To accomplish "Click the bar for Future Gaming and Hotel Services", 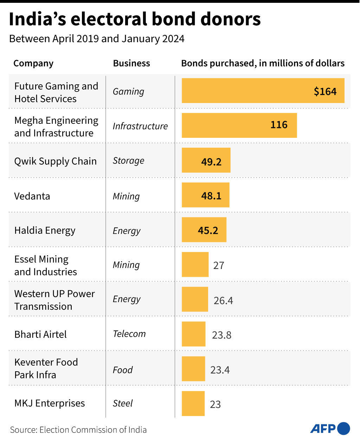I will point(246,91).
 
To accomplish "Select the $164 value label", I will point(325,92).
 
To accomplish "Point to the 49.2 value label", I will point(211,162).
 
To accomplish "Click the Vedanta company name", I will point(32,196).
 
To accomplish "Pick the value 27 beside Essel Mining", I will point(218,265).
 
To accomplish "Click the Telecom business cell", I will point(129,334).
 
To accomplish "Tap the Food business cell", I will point(122,370).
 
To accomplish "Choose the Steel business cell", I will point(122,403).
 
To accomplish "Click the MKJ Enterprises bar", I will point(193,403).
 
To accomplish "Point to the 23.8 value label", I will point(221,335).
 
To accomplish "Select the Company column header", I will point(33,63).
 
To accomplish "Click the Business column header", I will point(131,63).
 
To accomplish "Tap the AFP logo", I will point(330,429).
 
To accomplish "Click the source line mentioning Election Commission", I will point(78,430).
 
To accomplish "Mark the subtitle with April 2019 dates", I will point(97,39).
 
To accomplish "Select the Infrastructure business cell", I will point(140,126).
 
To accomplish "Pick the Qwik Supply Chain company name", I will point(55,161).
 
